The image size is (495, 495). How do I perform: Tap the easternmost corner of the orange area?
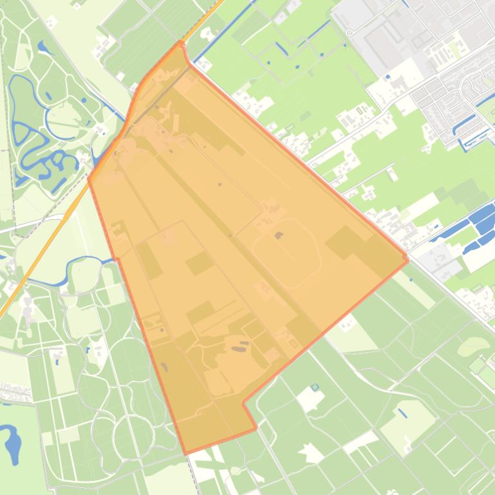(x=407, y=259)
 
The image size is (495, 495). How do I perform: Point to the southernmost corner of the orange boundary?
(x=186, y=453)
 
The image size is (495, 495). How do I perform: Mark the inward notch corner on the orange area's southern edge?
(x=243, y=404)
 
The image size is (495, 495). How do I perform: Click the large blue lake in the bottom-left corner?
(x=13, y=444)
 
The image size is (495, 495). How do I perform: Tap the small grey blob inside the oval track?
(x=279, y=236)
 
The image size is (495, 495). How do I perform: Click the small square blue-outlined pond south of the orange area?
(x=315, y=387)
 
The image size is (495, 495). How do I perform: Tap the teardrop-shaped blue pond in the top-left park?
(x=42, y=47)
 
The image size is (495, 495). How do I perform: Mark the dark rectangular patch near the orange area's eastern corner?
(x=344, y=244)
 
